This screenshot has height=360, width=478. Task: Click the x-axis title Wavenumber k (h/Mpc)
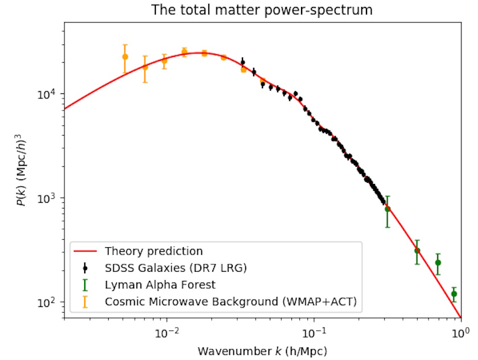coord(262,350)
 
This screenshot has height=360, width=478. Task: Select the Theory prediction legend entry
coord(154,251)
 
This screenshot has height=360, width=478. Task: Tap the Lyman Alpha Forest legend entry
coord(160,284)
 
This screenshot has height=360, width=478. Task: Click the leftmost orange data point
coord(125,56)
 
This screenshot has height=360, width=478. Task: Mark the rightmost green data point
coord(454,294)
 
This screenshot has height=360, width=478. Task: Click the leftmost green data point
coord(388,209)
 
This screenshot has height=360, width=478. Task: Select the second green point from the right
coord(438,263)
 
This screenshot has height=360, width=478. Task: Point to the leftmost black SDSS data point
coord(243,62)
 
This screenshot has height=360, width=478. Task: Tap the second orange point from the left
coord(145,67)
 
